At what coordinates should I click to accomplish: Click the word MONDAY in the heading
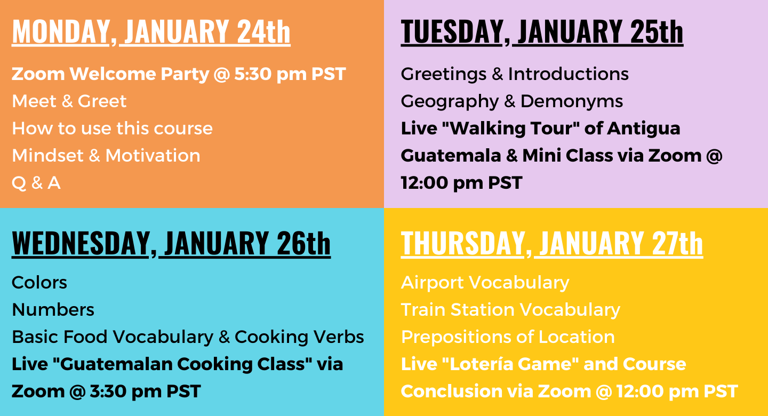click(60, 31)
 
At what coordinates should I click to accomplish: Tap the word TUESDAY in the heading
click(452, 31)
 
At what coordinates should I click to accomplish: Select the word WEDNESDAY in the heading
click(81, 243)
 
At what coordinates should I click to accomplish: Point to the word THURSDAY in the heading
click(462, 243)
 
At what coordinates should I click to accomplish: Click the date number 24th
click(263, 31)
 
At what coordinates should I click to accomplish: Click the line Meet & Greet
click(69, 101)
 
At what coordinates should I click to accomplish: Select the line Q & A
click(36, 183)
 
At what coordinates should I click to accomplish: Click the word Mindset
click(47, 155)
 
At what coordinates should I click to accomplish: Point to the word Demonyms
click(572, 101)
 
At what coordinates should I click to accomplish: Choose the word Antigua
click(644, 129)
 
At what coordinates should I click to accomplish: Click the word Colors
click(39, 283)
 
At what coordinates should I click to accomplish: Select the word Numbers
click(53, 310)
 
